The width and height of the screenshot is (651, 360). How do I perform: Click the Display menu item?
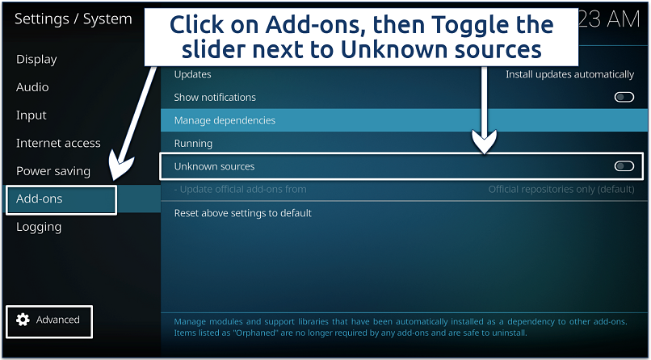click(36, 59)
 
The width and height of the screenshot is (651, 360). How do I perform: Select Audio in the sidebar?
click(32, 87)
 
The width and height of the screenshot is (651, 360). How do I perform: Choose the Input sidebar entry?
click(31, 115)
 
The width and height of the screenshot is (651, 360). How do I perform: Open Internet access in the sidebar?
click(58, 143)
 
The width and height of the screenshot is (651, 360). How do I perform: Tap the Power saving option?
click(53, 171)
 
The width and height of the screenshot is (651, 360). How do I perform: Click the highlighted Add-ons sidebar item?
click(40, 199)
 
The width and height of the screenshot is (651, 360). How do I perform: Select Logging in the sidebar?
click(39, 227)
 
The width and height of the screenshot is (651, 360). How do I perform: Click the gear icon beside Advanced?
click(23, 320)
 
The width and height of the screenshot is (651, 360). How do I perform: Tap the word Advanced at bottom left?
click(58, 320)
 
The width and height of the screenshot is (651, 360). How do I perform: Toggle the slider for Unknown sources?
click(624, 166)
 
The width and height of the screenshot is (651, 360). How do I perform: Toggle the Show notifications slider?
click(624, 97)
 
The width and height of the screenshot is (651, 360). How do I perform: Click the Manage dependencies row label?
click(225, 120)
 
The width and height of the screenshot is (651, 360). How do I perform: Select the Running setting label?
click(193, 144)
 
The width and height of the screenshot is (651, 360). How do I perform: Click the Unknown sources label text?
click(214, 166)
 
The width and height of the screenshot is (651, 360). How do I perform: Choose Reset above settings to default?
click(242, 213)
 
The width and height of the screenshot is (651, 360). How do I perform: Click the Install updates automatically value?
click(569, 74)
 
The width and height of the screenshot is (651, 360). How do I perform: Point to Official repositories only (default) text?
click(561, 190)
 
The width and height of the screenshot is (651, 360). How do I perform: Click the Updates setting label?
click(192, 74)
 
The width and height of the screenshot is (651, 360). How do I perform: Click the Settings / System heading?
click(73, 19)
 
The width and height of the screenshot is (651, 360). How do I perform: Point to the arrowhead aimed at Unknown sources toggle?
click(485, 145)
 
